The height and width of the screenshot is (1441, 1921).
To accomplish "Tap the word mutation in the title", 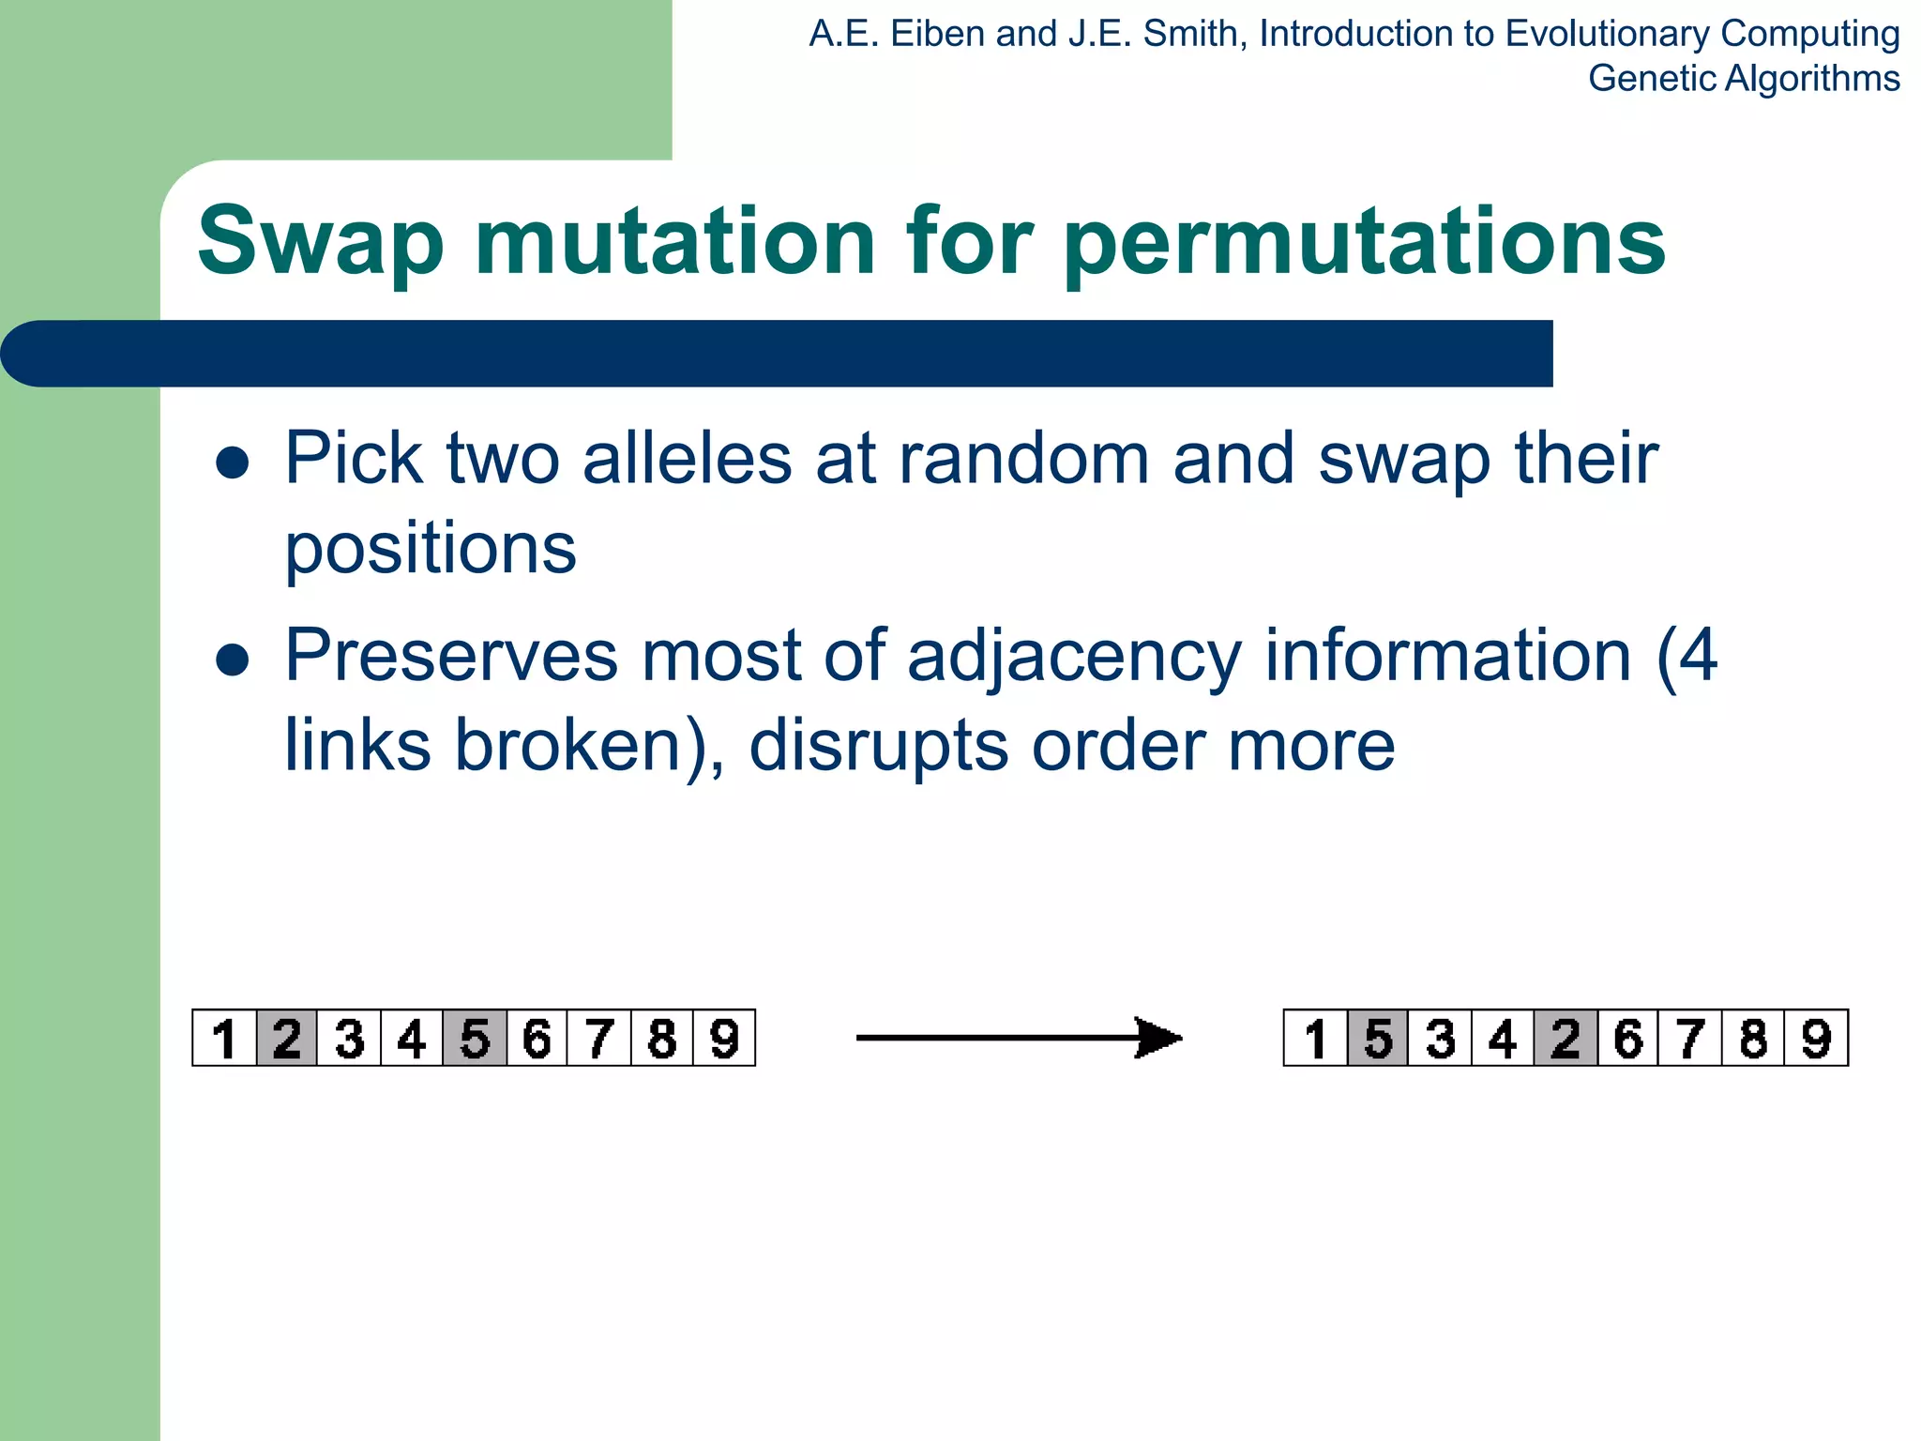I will coord(675,242).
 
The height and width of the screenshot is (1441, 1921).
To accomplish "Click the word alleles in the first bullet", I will coord(688,459).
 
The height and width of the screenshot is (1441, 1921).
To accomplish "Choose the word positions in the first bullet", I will coord(431,549).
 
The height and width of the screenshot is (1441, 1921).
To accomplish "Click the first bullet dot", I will coord(232,463).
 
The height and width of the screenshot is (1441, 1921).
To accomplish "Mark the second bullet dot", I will coord(232,660).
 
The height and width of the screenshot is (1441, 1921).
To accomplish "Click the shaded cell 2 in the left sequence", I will coord(287,1039).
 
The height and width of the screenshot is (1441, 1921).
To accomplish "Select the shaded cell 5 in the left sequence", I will coord(475,1039).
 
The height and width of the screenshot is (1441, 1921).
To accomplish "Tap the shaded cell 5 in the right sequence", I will coord(1378,1039).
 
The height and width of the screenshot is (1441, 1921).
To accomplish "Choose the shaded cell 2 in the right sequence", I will coord(1566,1039).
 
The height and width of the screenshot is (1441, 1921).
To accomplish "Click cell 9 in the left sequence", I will coord(724,1039).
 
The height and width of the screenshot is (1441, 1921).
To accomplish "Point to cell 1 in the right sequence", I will coord(1315,1039).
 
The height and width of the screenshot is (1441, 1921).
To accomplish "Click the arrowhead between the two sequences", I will coord(1158,1038).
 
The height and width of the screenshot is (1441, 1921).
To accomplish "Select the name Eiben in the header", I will coord(937,35).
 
